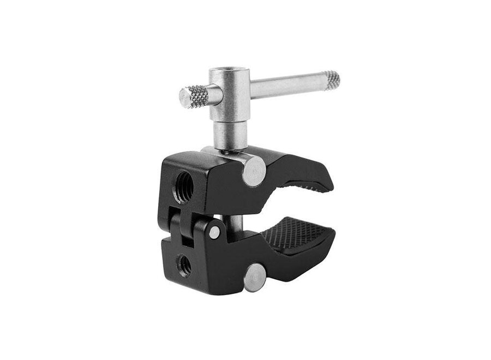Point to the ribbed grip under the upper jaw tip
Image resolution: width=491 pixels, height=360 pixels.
[312, 188]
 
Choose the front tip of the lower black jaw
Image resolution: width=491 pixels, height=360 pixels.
[330, 240]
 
